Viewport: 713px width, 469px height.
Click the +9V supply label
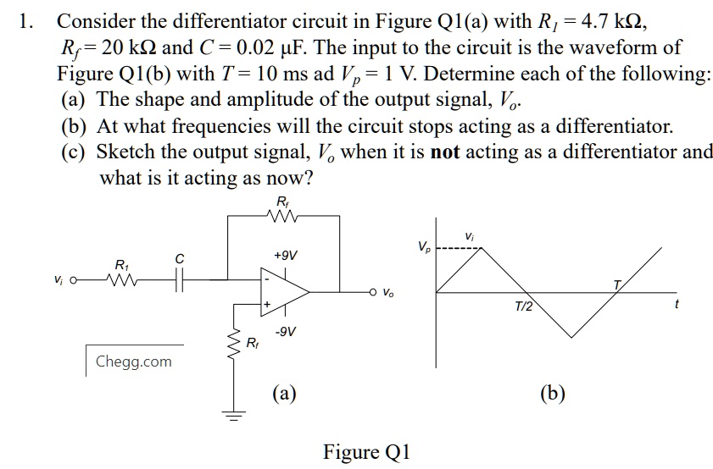click(x=286, y=255)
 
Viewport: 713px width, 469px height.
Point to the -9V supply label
click(x=285, y=331)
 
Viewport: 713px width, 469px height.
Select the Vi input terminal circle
click(x=75, y=279)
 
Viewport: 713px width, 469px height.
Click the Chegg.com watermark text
click(x=133, y=361)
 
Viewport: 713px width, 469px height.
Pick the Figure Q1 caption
click(x=365, y=451)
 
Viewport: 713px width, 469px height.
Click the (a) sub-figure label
click(x=284, y=393)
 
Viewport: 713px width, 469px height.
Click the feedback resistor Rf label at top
click(x=282, y=201)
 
